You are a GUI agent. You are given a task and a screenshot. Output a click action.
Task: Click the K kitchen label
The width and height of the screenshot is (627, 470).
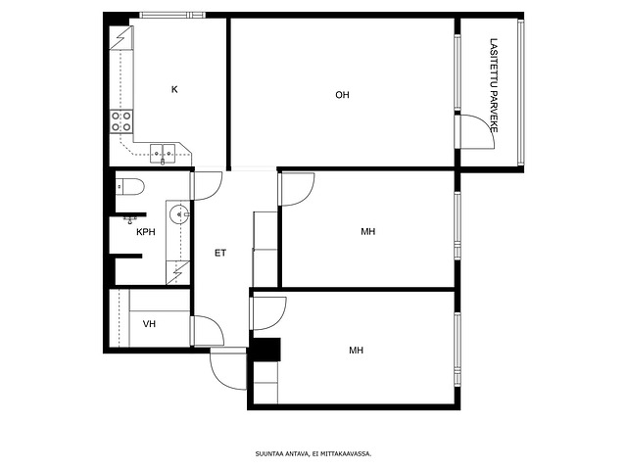174,89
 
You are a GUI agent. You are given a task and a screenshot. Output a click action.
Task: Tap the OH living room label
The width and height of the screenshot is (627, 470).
342,95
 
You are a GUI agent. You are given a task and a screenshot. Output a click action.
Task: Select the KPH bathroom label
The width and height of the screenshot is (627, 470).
146,232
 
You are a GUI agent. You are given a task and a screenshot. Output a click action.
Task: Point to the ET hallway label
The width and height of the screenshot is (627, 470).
220,253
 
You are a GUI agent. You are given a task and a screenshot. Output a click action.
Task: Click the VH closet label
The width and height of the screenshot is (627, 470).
149,324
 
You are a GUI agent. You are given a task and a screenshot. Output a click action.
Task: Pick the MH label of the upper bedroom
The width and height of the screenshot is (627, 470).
368,231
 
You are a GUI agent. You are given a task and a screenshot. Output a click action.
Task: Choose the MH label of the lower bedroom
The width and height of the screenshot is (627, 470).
357,351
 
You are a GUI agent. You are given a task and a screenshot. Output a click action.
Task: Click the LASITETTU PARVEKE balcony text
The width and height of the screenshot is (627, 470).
494,85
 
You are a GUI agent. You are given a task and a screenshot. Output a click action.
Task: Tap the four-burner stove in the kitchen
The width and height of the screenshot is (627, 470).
121,121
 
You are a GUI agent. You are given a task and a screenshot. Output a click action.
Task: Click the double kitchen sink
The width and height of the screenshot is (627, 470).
163,154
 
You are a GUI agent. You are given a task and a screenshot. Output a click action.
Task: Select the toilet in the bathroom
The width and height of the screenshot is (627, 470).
129,187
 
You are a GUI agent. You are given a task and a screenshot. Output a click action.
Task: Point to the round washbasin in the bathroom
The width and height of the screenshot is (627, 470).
179,214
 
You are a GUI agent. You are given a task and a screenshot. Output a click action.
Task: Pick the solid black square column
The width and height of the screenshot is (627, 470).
266,350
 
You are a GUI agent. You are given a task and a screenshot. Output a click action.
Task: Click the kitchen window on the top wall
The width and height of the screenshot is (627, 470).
172,16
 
